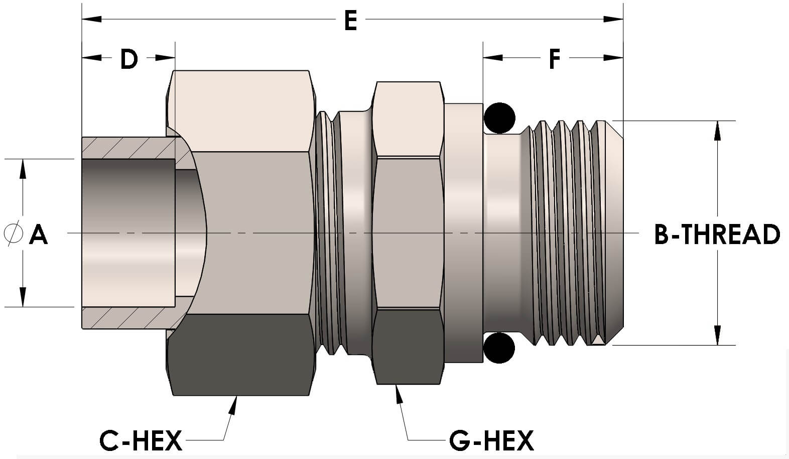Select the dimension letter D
(128, 59)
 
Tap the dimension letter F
(554, 59)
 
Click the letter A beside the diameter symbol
(38, 235)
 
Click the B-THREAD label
(717, 235)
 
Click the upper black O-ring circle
(499, 118)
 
